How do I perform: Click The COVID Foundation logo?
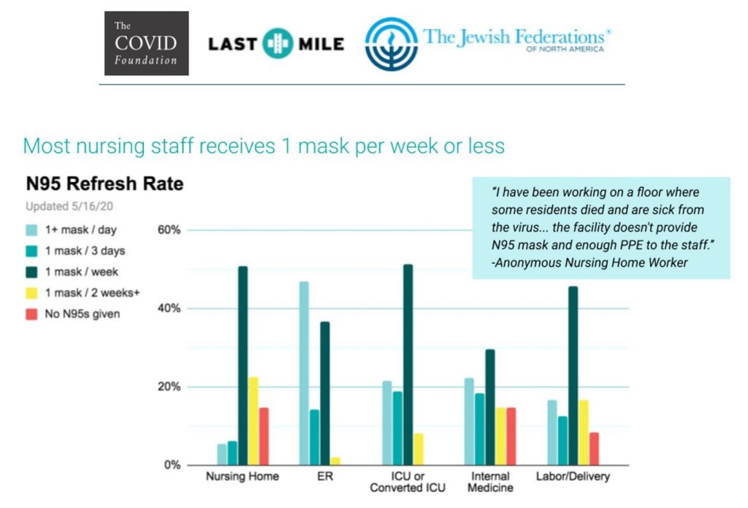coord(146,43)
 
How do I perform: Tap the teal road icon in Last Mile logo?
coord(278,43)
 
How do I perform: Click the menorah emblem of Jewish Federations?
coord(392,44)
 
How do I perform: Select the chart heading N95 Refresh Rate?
coord(104,183)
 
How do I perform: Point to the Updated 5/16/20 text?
coord(69,206)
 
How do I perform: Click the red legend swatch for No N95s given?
coord(31,314)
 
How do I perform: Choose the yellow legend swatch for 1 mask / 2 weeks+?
coord(31,293)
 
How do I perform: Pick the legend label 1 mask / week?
coord(82,272)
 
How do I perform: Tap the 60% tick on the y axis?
coord(169,230)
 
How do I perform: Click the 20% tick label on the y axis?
coord(169,387)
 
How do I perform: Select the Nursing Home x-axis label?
coord(243,476)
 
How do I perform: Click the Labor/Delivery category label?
coord(573,476)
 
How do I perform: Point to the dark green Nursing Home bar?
coord(243,365)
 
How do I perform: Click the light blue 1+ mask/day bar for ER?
coord(304,374)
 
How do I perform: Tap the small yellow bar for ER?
coord(335,461)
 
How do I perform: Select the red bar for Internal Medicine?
coord(511,436)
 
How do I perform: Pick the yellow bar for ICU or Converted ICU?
coord(419,450)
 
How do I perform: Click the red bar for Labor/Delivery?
coord(594,449)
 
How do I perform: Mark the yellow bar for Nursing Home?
coord(253,421)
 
